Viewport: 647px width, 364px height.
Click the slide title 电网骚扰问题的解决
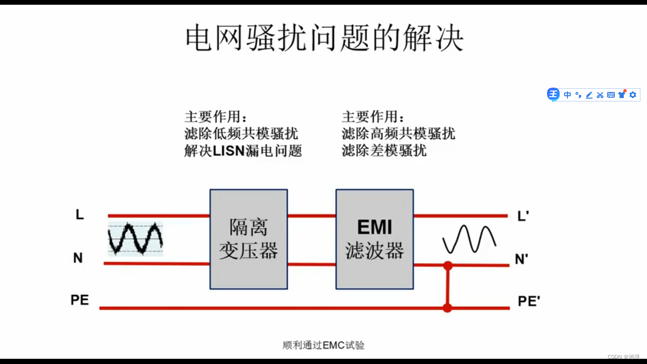tap(324, 39)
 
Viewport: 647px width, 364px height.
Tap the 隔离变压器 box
tap(249, 239)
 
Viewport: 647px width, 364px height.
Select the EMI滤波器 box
tap(375, 239)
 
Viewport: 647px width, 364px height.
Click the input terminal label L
tap(80, 215)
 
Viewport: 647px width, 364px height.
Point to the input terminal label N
tap(78, 258)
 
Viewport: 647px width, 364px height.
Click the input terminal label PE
tap(80, 300)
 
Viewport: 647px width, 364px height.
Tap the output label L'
tap(523, 217)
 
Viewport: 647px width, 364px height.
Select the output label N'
tap(521, 259)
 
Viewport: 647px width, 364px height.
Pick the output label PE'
tap(529, 301)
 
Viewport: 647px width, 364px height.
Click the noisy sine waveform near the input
tap(135, 238)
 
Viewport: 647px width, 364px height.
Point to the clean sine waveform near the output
tap(469, 239)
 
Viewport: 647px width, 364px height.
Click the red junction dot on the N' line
tap(448, 265)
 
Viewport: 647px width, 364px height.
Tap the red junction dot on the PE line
tap(447, 308)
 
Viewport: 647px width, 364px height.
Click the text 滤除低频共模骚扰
tap(241, 134)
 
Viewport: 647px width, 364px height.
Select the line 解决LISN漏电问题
tap(243, 151)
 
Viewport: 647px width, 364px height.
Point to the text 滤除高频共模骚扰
tap(398, 134)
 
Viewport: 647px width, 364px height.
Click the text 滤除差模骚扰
tap(384, 151)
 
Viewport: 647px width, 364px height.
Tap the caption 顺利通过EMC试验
tap(323, 345)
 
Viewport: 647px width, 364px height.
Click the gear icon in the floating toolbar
tap(633, 95)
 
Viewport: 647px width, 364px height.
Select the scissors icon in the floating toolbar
tap(600, 95)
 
